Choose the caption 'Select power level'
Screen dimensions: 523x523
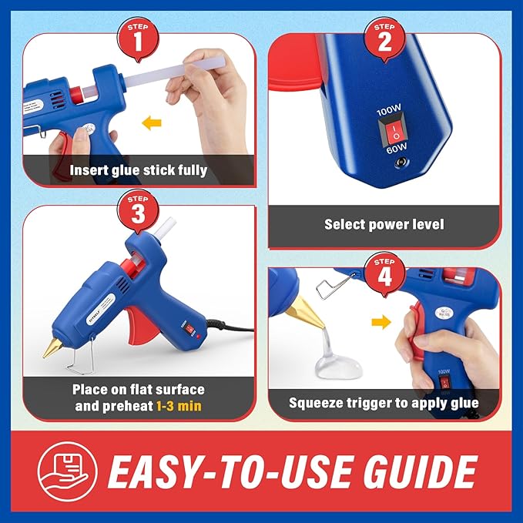[384, 225]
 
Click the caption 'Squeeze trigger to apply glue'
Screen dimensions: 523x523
[384, 403]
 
